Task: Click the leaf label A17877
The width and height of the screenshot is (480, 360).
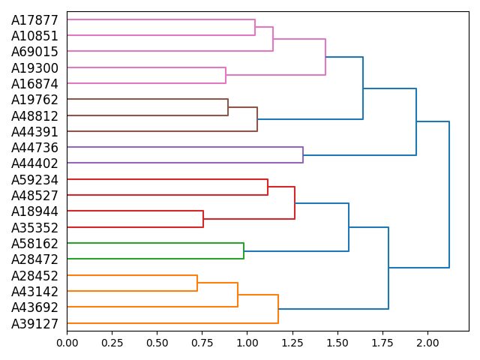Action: pyautogui.click(x=34, y=20)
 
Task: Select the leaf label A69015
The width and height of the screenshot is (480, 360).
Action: pyautogui.click(x=34, y=52)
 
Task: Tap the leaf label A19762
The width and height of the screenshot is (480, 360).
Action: pyautogui.click(x=34, y=100)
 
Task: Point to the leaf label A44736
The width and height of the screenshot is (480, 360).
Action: pyautogui.click(x=34, y=148)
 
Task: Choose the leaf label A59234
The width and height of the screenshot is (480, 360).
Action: pyautogui.click(x=34, y=180)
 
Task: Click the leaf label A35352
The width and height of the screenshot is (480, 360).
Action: pyautogui.click(x=34, y=227)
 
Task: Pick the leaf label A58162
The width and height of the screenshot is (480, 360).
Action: pyautogui.click(x=34, y=244)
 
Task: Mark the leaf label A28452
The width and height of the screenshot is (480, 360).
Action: pyautogui.click(x=34, y=276)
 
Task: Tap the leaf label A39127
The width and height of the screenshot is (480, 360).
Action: pyautogui.click(x=34, y=324)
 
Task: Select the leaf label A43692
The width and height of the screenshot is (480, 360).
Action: pyautogui.click(x=34, y=307)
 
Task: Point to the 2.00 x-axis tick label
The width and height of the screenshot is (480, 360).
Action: pyautogui.click(x=427, y=343)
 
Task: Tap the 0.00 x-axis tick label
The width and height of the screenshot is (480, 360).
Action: pyautogui.click(x=67, y=343)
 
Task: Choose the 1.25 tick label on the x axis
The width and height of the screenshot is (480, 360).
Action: pyautogui.click(x=292, y=343)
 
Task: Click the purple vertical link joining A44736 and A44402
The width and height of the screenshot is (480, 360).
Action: pyautogui.click(x=303, y=155)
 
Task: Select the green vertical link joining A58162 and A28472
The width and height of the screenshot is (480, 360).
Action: pyautogui.click(x=244, y=251)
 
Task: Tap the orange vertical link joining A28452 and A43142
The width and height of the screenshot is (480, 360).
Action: pyautogui.click(x=197, y=283)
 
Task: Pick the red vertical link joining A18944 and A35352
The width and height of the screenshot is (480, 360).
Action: pyautogui.click(x=203, y=219)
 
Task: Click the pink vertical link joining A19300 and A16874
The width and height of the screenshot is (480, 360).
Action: pyautogui.click(x=226, y=76)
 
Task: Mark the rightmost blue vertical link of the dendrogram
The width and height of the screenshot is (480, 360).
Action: pyautogui.click(x=449, y=194)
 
